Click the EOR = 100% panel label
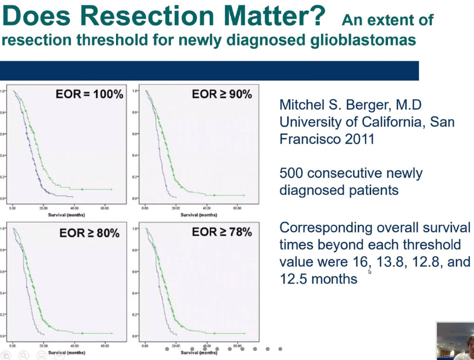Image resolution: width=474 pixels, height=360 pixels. (x=89, y=94)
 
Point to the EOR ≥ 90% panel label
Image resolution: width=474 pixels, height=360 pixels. (x=221, y=94)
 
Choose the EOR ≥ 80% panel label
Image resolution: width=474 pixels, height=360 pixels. (x=89, y=233)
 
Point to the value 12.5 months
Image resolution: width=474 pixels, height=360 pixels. (x=318, y=279)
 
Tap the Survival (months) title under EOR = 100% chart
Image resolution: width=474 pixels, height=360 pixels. (x=67, y=215)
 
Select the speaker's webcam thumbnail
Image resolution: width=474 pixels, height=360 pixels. (x=455, y=341)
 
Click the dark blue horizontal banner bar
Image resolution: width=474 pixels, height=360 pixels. (x=209, y=71)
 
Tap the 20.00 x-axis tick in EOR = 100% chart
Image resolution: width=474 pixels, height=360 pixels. (x=43, y=208)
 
